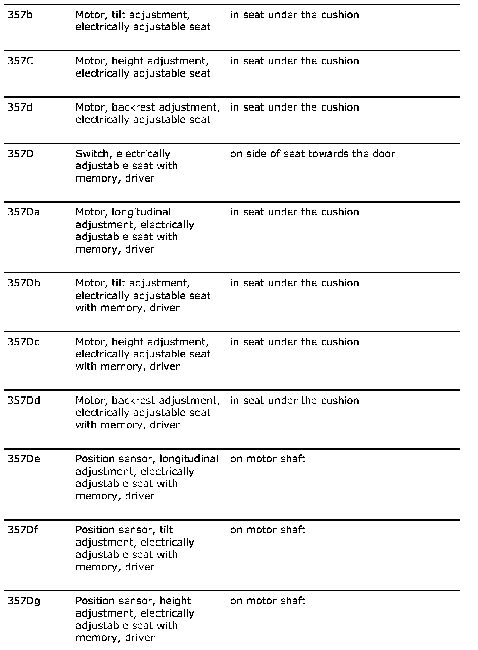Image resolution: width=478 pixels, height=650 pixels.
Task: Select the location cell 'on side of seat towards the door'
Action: (312, 154)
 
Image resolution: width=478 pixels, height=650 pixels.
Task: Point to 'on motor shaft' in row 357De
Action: (268, 459)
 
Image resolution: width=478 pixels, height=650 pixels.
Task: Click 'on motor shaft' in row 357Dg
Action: (268, 601)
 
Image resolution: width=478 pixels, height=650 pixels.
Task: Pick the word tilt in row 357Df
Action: (166, 530)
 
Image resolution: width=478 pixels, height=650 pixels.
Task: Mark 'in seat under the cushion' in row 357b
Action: (295, 15)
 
